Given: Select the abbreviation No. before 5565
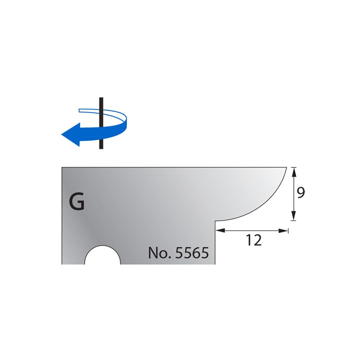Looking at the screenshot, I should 159,253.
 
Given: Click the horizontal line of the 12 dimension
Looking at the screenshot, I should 253,230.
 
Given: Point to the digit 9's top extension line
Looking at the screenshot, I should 293,167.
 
